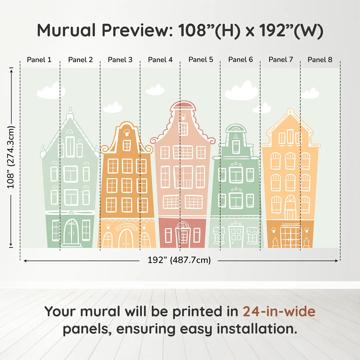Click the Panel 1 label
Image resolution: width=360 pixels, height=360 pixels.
coord(39,60)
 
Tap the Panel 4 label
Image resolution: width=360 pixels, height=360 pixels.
coord(160,60)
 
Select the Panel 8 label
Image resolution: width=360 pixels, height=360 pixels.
coord(320,60)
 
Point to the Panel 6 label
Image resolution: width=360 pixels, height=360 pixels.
coord(240,60)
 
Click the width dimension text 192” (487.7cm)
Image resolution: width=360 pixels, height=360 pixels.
coord(179,260)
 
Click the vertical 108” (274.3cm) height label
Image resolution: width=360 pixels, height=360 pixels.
coord(11,157)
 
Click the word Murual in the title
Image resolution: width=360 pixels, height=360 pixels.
coord(66,30)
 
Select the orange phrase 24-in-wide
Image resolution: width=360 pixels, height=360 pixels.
coord(279,311)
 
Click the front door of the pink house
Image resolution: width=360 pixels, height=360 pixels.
coord(183,235)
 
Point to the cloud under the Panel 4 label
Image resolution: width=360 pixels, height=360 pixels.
coord(155,90)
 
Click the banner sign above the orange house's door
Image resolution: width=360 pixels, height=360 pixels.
coord(126,227)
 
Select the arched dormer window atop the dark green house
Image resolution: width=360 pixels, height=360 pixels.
coord(236,128)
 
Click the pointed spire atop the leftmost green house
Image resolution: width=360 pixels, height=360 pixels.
coord(70,113)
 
